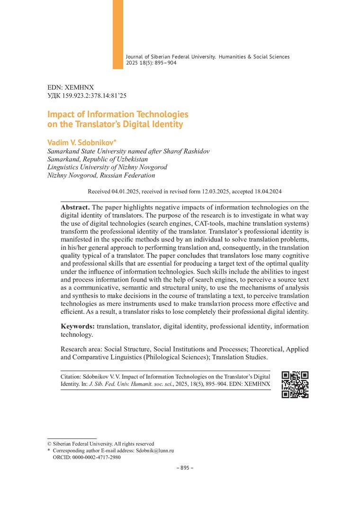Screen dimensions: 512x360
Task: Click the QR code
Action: coord(295,384)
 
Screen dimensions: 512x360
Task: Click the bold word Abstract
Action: coord(75,208)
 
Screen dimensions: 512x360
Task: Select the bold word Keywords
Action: coord(78,326)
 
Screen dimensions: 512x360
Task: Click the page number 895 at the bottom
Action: coord(182,467)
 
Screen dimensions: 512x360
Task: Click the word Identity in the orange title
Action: coord(167,125)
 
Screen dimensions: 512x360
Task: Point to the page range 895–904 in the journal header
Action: coord(165,63)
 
